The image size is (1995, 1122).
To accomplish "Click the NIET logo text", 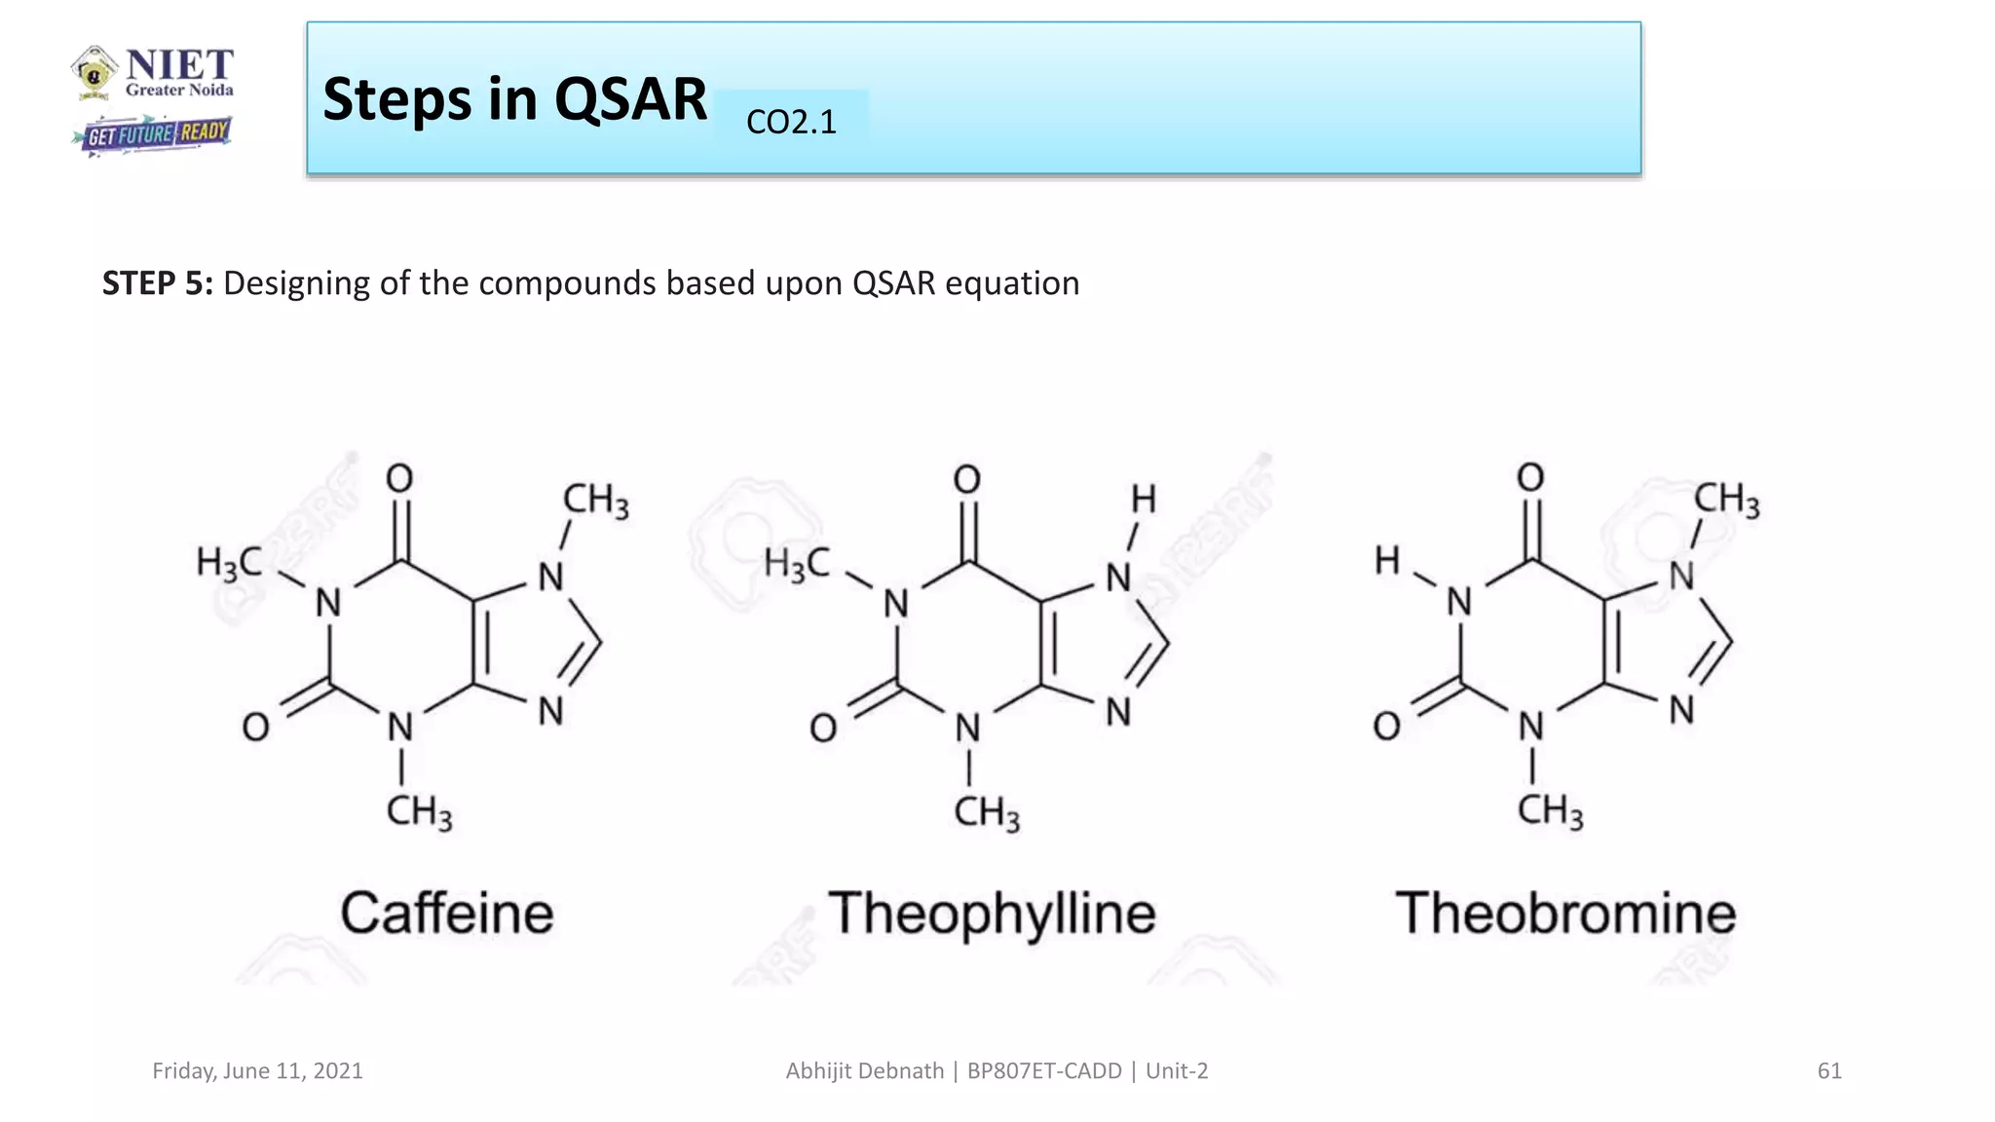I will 179,65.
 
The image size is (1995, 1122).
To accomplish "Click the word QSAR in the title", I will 630,99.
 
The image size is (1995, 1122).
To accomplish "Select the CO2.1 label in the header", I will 791,122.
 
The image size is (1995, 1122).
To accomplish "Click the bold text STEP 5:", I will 157,283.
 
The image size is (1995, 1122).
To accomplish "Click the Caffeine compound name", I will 447,914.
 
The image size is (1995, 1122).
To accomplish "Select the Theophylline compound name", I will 992,914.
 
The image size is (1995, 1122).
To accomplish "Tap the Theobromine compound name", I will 1565,914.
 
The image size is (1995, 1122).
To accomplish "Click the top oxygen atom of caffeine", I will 399,478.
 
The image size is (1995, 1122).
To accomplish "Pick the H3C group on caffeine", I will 228,563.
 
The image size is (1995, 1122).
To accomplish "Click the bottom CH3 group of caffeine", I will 419,811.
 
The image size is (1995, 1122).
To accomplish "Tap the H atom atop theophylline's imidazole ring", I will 1144,500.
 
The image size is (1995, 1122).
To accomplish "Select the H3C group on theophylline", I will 796,563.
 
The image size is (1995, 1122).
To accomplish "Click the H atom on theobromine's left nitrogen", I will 1387,561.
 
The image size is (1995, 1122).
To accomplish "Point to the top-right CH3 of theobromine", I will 1726,500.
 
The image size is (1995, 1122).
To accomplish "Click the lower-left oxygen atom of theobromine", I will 1386,726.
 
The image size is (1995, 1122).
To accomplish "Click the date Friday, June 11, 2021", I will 257,1071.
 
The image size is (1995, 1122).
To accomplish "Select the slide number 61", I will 1829,1071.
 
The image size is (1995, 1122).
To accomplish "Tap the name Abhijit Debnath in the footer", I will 864,1071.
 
